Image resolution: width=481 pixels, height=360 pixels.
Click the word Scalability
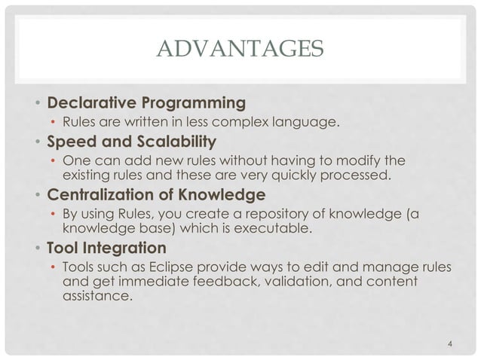(170, 141)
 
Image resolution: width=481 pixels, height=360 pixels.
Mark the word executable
(282, 231)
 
